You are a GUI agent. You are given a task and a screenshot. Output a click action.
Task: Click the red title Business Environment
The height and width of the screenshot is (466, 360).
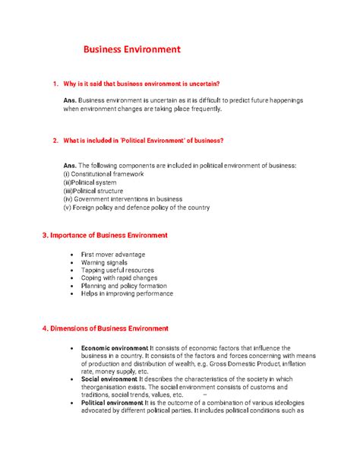tap(132, 50)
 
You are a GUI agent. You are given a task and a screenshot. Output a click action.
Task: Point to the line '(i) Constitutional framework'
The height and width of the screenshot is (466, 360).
tap(103, 174)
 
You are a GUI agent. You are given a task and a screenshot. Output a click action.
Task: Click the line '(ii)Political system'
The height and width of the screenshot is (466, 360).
tap(90, 182)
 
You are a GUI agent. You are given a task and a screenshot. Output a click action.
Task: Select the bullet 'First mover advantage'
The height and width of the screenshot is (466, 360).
tap(112, 255)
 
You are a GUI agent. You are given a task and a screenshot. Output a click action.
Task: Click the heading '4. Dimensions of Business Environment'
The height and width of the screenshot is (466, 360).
tap(105, 328)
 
